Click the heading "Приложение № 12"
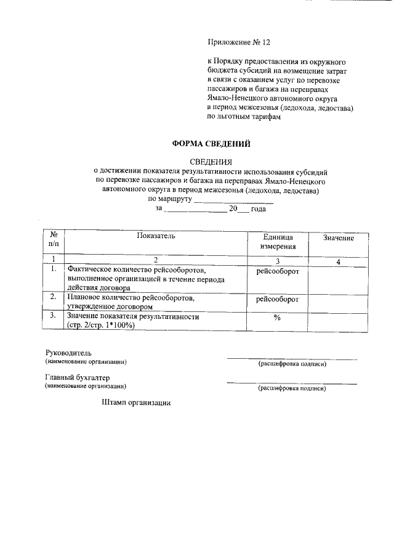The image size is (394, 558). pos(238,43)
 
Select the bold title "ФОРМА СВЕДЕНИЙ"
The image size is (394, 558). pos(211,144)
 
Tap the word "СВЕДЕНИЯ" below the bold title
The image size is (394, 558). pos(211,162)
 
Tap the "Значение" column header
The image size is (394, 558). pos(338,237)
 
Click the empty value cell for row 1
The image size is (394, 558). pos(338,279)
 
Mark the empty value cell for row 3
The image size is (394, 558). pos(338,321)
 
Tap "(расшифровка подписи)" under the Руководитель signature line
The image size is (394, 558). pos(292,364)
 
